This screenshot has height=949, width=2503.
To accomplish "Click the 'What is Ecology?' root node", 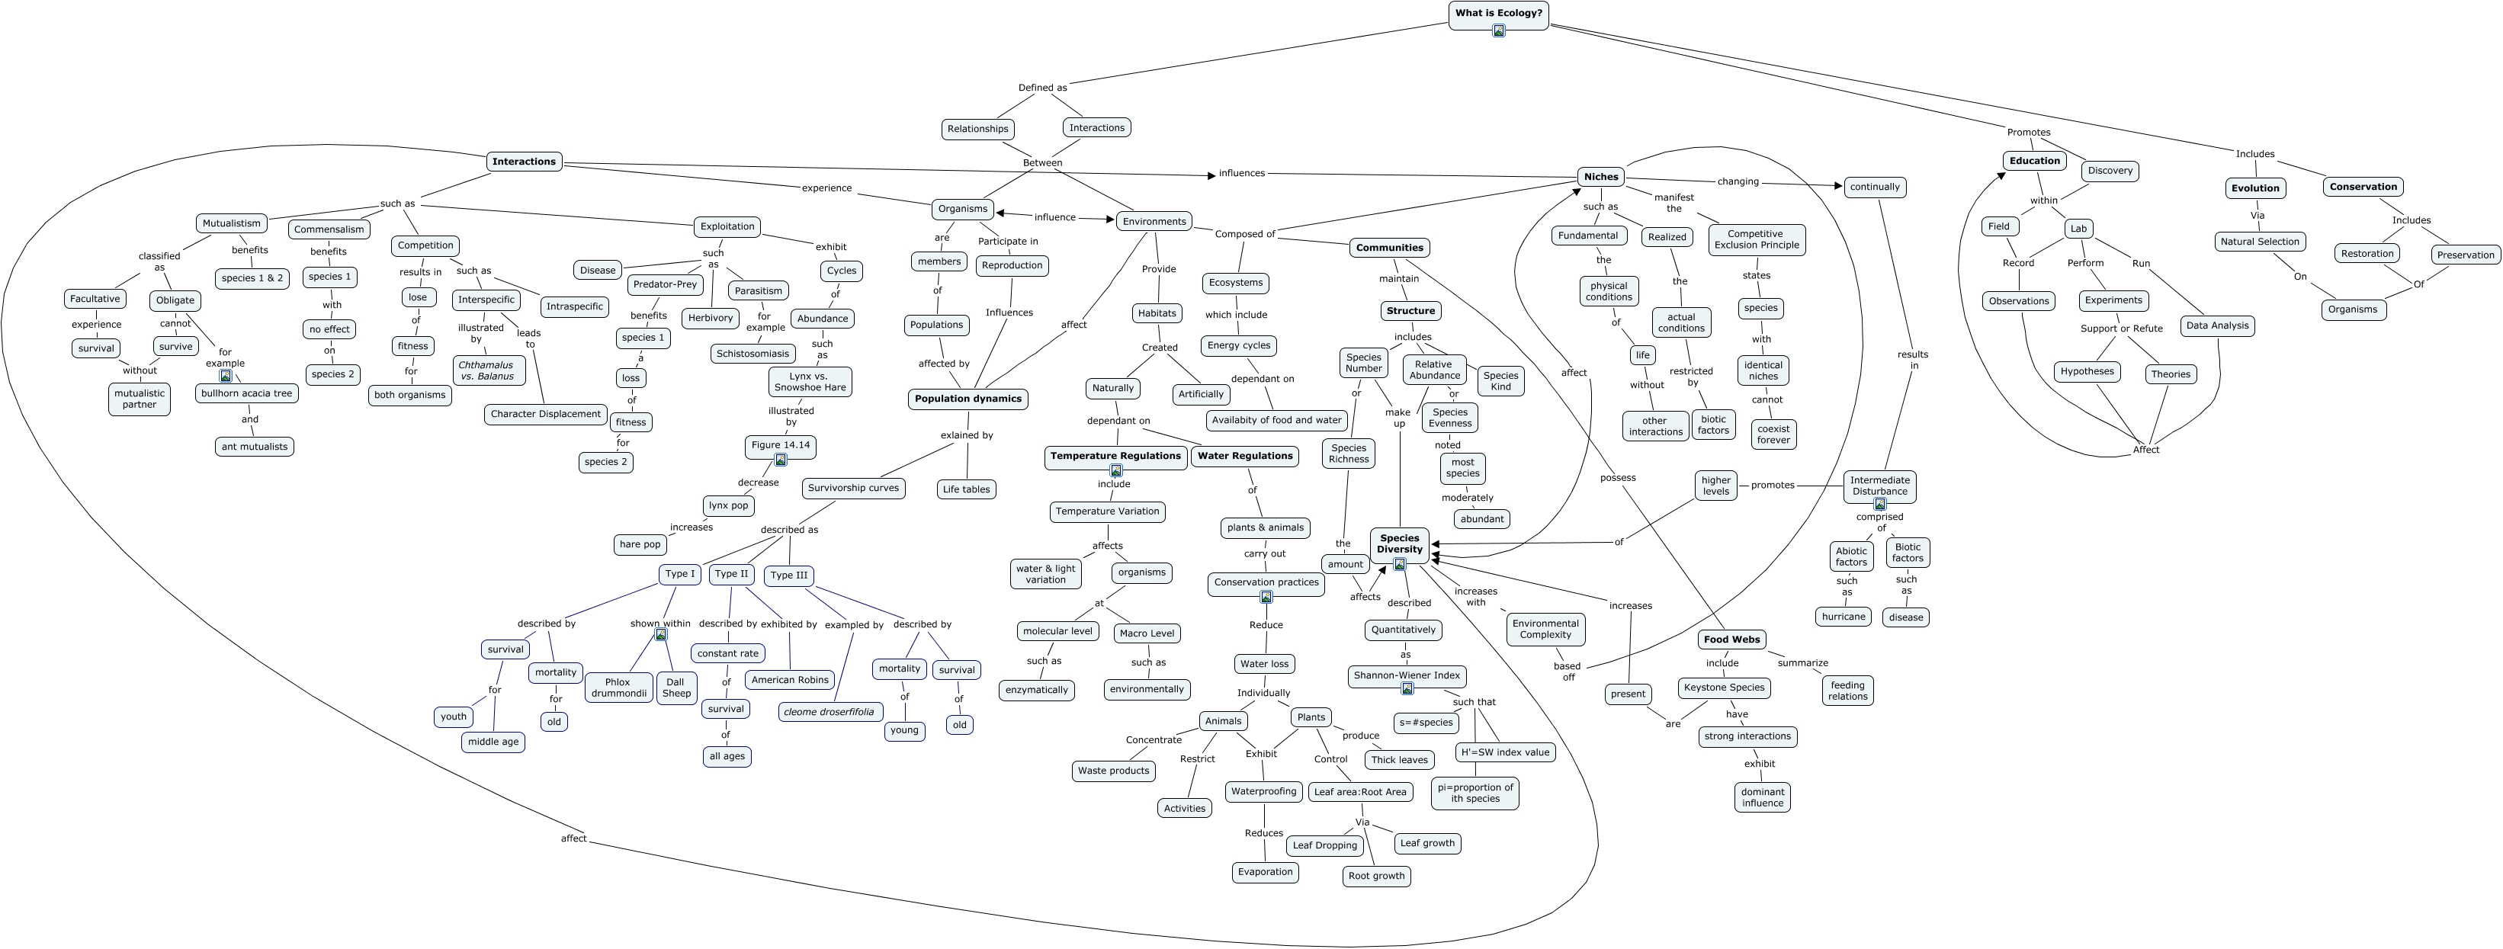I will (1497, 14).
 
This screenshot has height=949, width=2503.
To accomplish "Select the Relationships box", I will (977, 129).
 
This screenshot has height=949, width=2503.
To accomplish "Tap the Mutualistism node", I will (231, 223).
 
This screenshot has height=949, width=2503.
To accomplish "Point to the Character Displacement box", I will (545, 415).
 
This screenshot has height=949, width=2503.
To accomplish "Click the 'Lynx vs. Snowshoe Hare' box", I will (810, 382).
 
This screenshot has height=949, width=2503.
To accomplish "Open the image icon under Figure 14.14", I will (780, 460).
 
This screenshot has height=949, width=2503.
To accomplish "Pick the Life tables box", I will (966, 489).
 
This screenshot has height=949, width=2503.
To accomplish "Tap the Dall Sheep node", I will (675, 688).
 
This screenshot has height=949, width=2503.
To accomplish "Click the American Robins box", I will (790, 680).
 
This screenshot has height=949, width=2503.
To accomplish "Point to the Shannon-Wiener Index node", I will (1406, 675).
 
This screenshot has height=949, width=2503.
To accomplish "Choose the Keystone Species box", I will (1724, 688).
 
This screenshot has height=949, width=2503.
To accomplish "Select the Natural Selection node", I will (2259, 242).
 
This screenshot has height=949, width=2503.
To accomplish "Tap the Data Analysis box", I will (2216, 326).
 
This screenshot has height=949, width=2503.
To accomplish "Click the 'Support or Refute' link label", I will (2121, 329).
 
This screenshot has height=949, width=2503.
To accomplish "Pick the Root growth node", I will (1377, 876).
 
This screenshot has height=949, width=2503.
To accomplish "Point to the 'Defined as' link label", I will (1041, 88).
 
